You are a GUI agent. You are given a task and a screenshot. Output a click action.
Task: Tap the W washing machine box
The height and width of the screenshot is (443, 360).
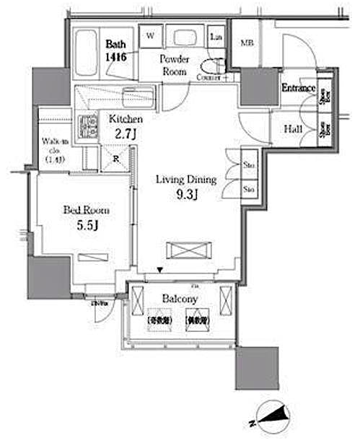coord(152,35)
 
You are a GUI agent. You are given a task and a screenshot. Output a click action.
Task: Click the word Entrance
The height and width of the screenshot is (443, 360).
coord(298,89)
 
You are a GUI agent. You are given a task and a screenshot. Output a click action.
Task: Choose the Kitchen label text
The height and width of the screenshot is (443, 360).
coord(126,119)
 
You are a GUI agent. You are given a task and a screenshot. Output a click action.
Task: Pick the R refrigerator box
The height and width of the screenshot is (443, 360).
coord(115,157)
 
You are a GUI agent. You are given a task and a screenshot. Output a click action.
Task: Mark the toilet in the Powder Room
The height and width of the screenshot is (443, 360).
coord(214,63)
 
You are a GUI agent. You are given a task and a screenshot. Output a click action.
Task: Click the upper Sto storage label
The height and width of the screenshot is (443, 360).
coord(246,165)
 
